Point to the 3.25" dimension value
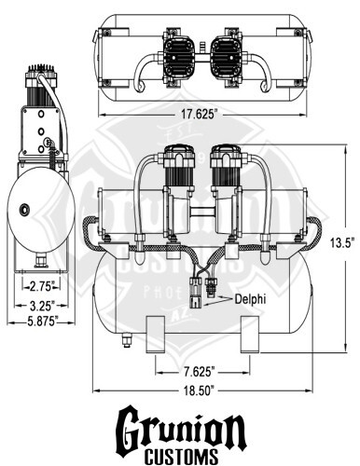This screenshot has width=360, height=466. tap(38, 304)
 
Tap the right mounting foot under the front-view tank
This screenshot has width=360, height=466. tap(249, 335)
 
